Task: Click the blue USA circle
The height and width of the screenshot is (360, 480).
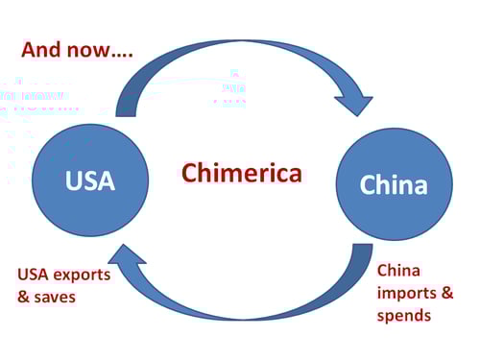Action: click(x=90, y=180)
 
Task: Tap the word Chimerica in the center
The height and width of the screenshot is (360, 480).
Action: click(x=241, y=174)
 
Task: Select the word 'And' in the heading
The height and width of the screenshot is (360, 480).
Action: click(x=43, y=49)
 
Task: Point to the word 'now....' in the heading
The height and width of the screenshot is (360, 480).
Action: click(x=106, y=50)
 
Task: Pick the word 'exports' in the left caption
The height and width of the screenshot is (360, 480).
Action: click(x=83, y=275)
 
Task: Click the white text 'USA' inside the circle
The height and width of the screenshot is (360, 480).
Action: click(x=90, y=180)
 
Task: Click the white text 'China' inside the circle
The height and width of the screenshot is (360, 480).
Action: click(x=394, y=184)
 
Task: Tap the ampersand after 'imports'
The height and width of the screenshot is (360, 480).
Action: click(x=446, y=293)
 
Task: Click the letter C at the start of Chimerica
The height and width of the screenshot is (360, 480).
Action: click(x=190, y=174)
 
